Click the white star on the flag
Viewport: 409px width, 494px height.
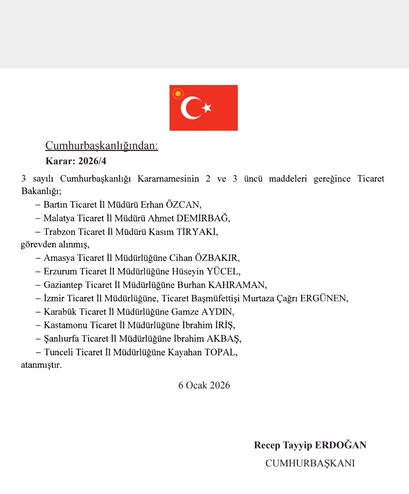click(x=207, y=108)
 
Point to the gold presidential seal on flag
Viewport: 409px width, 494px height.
click(x=178, y=93)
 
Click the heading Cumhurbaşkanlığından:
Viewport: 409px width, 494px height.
click(x=101, y=145)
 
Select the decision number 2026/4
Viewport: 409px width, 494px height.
click(x=92, y=161)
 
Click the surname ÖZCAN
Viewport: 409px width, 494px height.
click(x=183, y=205)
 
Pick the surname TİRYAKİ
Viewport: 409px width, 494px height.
click(x=197, y=232)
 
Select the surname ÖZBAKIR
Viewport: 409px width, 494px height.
click(x=217, y=258)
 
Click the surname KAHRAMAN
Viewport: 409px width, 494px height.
click(x=237, y=285)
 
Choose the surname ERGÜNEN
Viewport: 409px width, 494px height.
click(x=323, y=298)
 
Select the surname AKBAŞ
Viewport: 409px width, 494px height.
click(x=223, y=339)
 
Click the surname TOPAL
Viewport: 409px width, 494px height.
click(x=220, y=352)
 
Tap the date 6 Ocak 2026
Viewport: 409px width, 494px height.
click(x=204, y=385)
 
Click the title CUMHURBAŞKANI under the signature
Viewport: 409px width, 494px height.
click(x=310, y=463)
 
